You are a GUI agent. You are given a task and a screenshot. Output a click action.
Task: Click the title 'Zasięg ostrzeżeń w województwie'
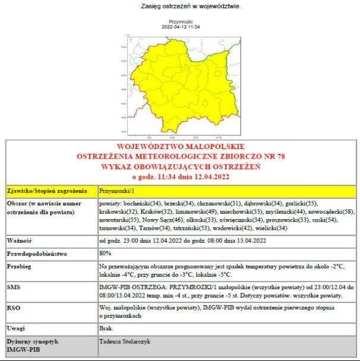(182, 7)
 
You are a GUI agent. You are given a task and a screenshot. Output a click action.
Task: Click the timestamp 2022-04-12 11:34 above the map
(181, 27)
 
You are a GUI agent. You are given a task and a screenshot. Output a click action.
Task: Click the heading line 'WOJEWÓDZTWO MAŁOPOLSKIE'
(181, 146)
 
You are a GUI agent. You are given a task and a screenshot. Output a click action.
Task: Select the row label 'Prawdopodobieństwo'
(37, 254)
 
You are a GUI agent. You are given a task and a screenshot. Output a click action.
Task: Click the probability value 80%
(106, 254)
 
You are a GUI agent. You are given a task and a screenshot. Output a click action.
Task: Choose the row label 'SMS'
(14, 287)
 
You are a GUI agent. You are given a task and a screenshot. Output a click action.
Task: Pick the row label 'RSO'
(14, 308)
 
